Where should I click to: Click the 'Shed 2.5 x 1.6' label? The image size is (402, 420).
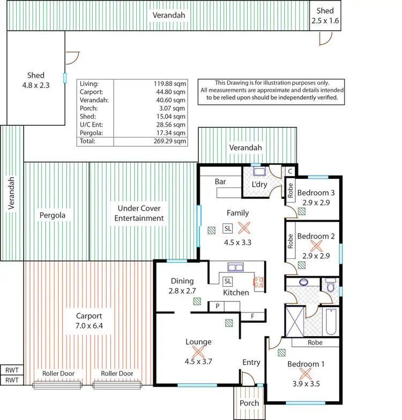(325, 16)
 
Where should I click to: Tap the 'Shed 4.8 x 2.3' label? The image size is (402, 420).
(36, 80)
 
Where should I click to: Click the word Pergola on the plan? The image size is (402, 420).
(53, 215)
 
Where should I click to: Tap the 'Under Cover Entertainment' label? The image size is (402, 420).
(139, 213)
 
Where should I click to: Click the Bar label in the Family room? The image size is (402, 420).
(220, 182)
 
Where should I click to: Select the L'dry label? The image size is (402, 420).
(259, 185)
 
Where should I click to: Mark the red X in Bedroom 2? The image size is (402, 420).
(316, 245)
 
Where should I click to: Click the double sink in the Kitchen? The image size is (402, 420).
(235, 267)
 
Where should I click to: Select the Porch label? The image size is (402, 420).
(249, 403)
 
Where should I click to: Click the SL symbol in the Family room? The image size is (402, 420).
(227, 228)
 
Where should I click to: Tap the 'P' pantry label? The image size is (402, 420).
(218, 306)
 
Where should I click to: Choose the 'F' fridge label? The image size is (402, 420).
(252, 316)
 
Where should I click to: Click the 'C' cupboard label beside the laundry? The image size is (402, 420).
(289, 171)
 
